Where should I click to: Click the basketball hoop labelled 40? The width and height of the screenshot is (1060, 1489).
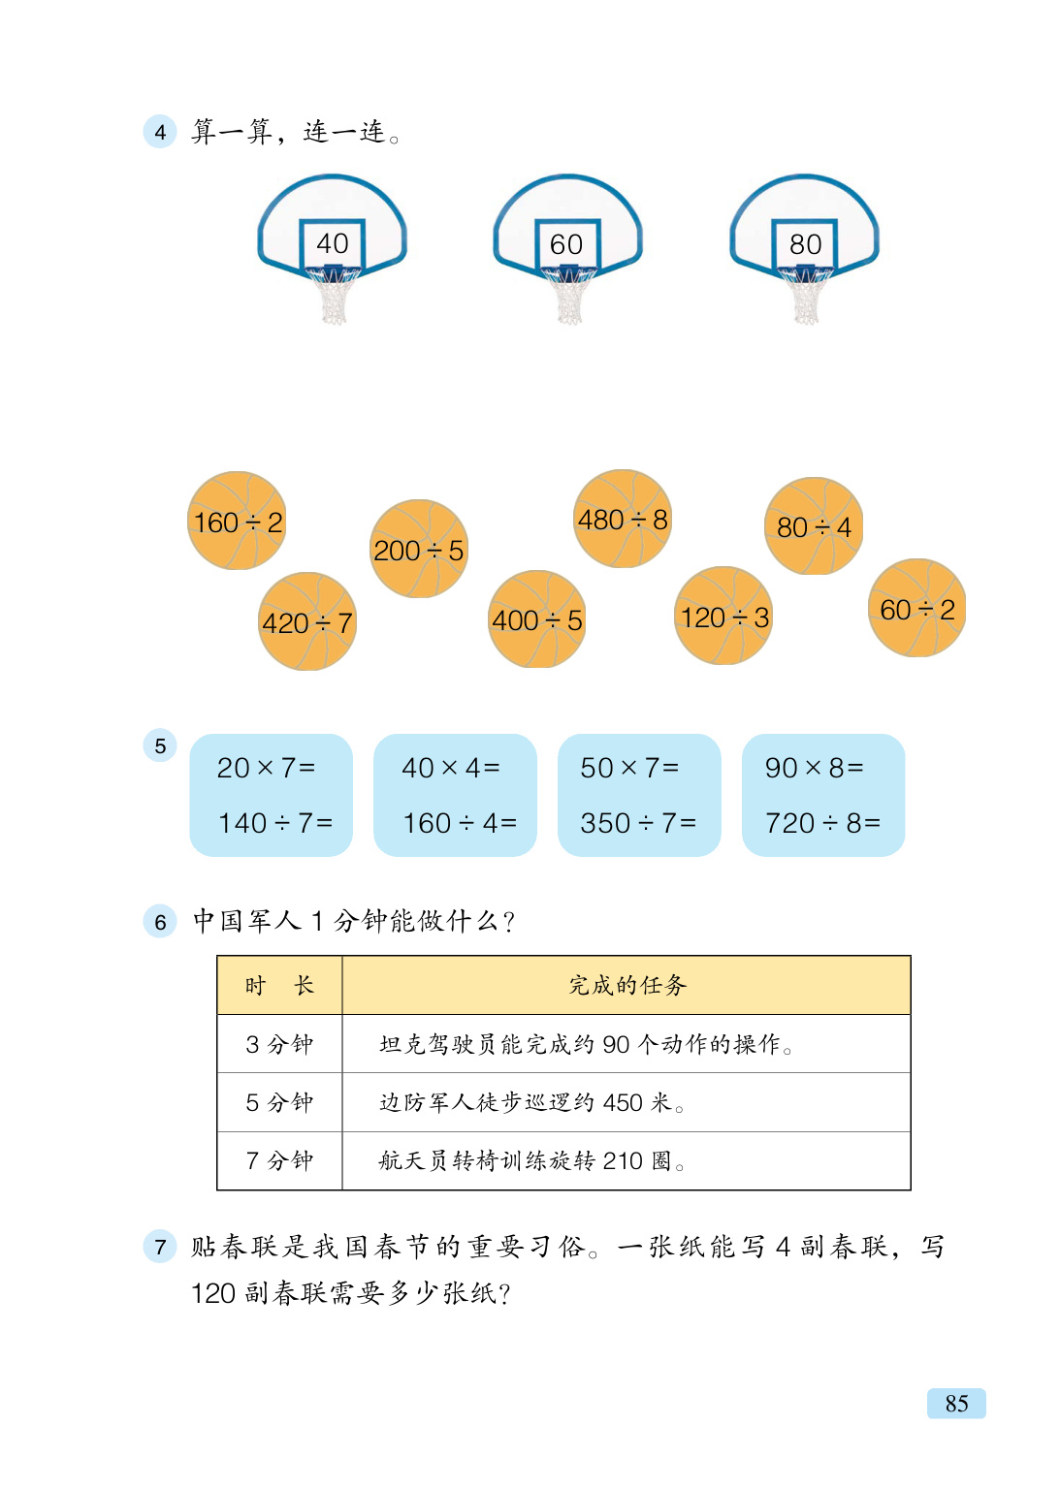332,242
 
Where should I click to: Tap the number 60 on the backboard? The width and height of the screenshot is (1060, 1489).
566,244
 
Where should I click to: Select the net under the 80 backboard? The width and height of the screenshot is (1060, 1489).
806,297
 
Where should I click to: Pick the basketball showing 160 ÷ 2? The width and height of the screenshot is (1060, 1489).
238,522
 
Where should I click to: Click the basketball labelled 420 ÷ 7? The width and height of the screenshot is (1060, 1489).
307,621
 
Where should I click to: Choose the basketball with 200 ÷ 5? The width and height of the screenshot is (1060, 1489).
419,550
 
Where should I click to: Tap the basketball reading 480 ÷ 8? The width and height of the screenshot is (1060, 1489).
623,520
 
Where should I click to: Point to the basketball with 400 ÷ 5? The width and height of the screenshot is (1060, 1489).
537,619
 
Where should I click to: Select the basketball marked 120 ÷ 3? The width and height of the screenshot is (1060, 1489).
723,617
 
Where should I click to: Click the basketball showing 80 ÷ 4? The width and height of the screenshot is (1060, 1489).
814,526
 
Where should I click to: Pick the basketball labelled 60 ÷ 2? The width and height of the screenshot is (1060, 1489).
917,609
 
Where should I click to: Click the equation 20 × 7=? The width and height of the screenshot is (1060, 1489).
267,768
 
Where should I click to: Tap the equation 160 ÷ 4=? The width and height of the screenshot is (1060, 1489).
460,823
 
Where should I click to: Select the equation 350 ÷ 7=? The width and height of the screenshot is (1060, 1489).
638,823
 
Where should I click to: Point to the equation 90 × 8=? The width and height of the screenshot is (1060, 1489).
815,768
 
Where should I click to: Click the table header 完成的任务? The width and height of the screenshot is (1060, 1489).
626,986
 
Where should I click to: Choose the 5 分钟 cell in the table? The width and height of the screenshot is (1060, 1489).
279,1102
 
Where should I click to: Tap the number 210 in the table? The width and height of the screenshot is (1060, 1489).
623,1160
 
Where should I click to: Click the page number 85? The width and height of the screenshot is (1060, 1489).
956,1403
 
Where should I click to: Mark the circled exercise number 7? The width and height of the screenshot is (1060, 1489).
160,1246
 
